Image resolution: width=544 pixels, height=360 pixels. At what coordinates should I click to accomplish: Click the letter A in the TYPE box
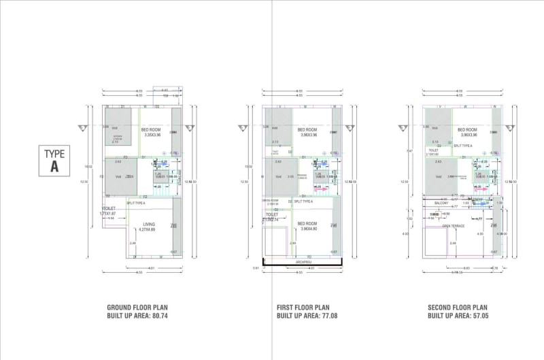54,167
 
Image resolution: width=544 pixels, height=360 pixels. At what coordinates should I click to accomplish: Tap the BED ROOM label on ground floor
150,129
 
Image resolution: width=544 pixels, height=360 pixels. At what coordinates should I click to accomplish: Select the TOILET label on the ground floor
108,208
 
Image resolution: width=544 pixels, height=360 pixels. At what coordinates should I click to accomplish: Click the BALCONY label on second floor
441,203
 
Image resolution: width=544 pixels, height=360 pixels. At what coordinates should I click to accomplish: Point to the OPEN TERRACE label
452,225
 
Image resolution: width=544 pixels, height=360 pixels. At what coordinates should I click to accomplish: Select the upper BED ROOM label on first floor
307,129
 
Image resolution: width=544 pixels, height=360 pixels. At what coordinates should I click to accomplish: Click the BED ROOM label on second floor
467,129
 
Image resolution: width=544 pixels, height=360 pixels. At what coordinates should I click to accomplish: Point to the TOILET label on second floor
433,150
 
